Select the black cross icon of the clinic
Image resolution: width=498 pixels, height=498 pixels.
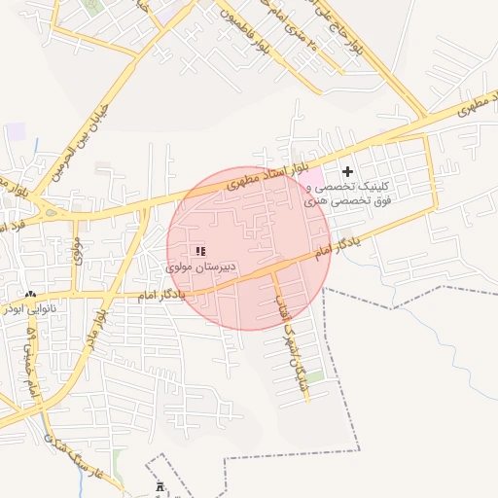point(347,171)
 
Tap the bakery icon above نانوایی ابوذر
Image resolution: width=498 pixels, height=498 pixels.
point(31,294)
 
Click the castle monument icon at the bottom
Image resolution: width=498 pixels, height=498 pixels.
point(160,485)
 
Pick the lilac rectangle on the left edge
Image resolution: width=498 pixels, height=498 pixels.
point(15,131)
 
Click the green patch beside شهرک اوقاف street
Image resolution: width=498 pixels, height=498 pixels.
point(315,376)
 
